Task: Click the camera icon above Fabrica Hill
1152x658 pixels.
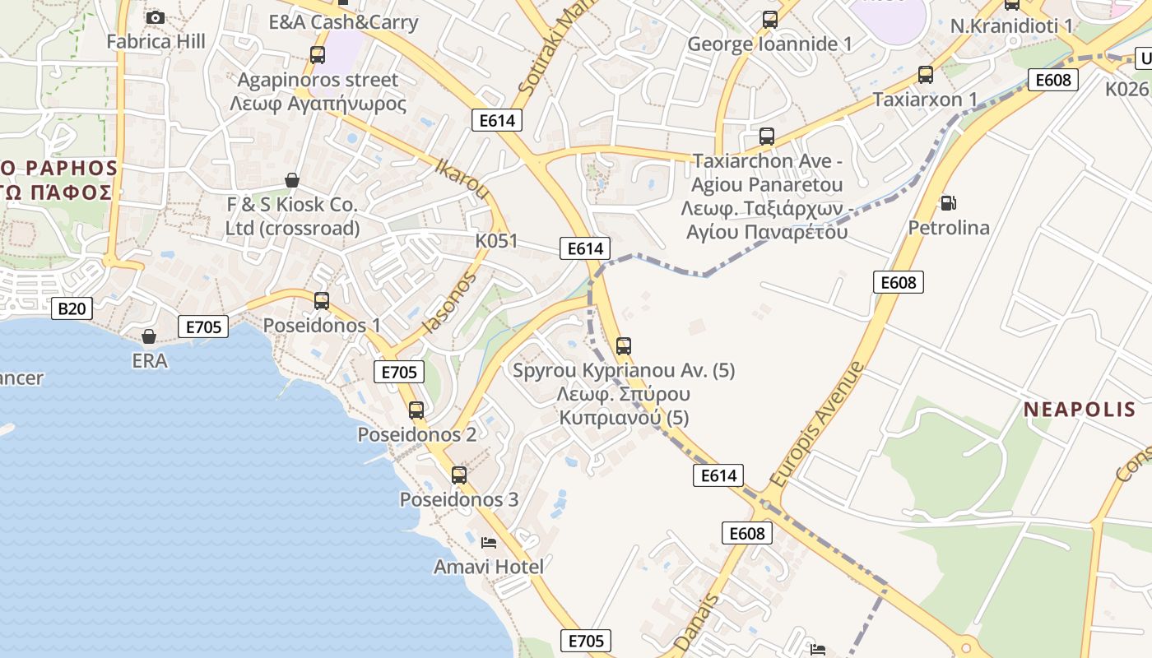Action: point(155,17)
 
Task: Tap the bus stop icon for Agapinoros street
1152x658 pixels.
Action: point(317,55)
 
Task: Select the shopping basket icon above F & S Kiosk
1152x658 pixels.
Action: point(292,179)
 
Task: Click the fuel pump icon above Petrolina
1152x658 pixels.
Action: point(948,202)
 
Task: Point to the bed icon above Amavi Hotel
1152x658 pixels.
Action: point(488,543)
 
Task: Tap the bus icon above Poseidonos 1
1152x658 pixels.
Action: point(322,301)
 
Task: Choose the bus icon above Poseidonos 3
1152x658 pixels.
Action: point(459,475)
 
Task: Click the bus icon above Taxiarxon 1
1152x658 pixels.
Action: point(926,75)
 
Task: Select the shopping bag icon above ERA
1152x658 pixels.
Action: point(149,336)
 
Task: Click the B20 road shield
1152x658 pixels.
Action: point(72,308)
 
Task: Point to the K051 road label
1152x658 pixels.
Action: point(496,241)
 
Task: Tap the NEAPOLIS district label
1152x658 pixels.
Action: point(1080,410)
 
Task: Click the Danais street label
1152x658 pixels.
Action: point(696,623)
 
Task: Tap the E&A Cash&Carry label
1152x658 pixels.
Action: point(343,22)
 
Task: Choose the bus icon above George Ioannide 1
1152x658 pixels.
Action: point(770,20)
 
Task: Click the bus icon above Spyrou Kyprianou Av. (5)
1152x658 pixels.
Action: point(624,346)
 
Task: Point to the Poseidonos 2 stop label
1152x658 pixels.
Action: point(416,434)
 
